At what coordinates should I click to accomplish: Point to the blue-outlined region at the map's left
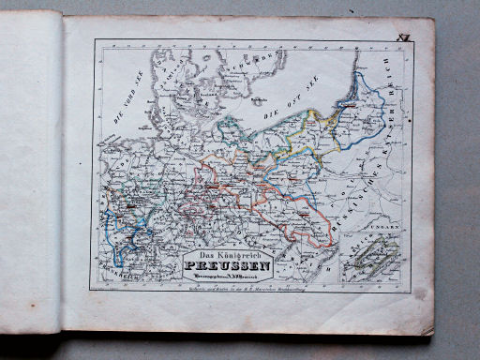coord(122,225)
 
